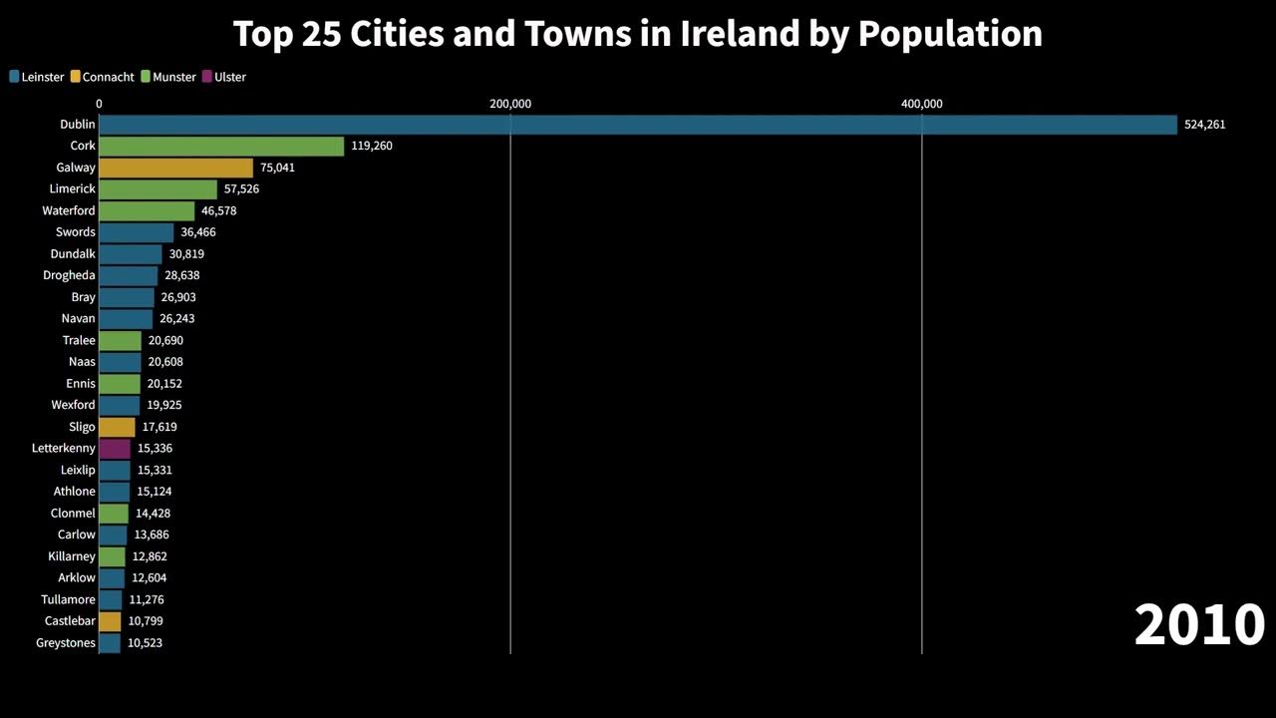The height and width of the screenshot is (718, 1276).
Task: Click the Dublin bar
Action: pos(638,125)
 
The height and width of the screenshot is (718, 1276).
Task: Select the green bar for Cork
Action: pos(221,147)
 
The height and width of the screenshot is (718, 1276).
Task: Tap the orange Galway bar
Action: pos(175,168)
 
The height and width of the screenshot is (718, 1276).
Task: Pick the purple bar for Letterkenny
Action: pos(115,449)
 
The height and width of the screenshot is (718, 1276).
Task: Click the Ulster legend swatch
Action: pos(207,77)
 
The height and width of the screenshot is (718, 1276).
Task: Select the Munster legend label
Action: pos(174,77)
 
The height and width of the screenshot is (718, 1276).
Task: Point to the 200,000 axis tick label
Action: pos(510,104)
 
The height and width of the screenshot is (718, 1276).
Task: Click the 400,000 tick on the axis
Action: pos(922,104)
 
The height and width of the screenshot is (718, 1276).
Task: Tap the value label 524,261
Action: pos(1204,125)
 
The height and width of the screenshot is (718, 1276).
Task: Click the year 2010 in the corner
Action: pos(1199,625)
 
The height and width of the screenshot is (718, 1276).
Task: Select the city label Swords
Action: pos(76,232)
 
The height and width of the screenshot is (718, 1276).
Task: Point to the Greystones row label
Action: pos(66,643)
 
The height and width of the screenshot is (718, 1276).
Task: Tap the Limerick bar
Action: pos(158,189)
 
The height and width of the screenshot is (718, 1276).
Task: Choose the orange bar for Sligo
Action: pos(117,427)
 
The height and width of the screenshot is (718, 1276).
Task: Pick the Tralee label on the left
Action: pos(79,340)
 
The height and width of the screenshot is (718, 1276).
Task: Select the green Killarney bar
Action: pos(112,556)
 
